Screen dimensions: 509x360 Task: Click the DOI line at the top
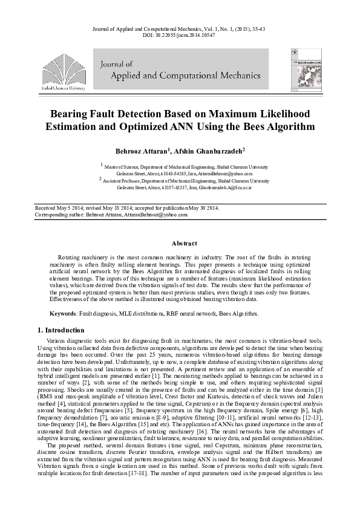[180, 35]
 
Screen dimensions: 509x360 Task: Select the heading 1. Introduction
[66, 330]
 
